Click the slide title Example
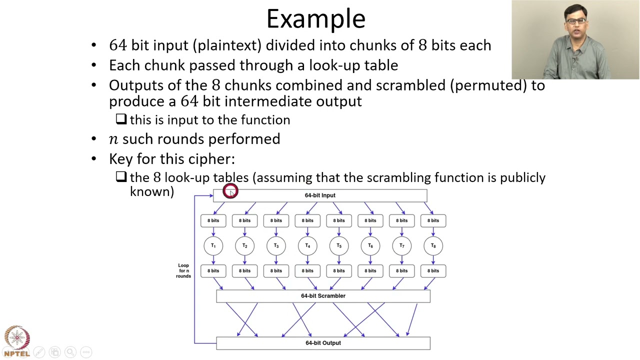click(315, 19)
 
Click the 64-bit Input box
click(320, 195)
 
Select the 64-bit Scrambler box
click(323, 296)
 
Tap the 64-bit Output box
click(323, 343)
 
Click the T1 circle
click(213, 245)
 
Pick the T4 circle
click(307, 245)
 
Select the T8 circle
click(433, 245)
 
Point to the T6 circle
click(370, 245)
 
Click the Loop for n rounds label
click(183, 270)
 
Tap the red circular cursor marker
click(230, 191)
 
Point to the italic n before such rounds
click(113, 139)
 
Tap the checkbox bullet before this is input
click(121, 119)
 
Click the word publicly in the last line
click(522, 177)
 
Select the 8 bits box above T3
click(276, 220)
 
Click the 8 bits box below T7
click(401, 271)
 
